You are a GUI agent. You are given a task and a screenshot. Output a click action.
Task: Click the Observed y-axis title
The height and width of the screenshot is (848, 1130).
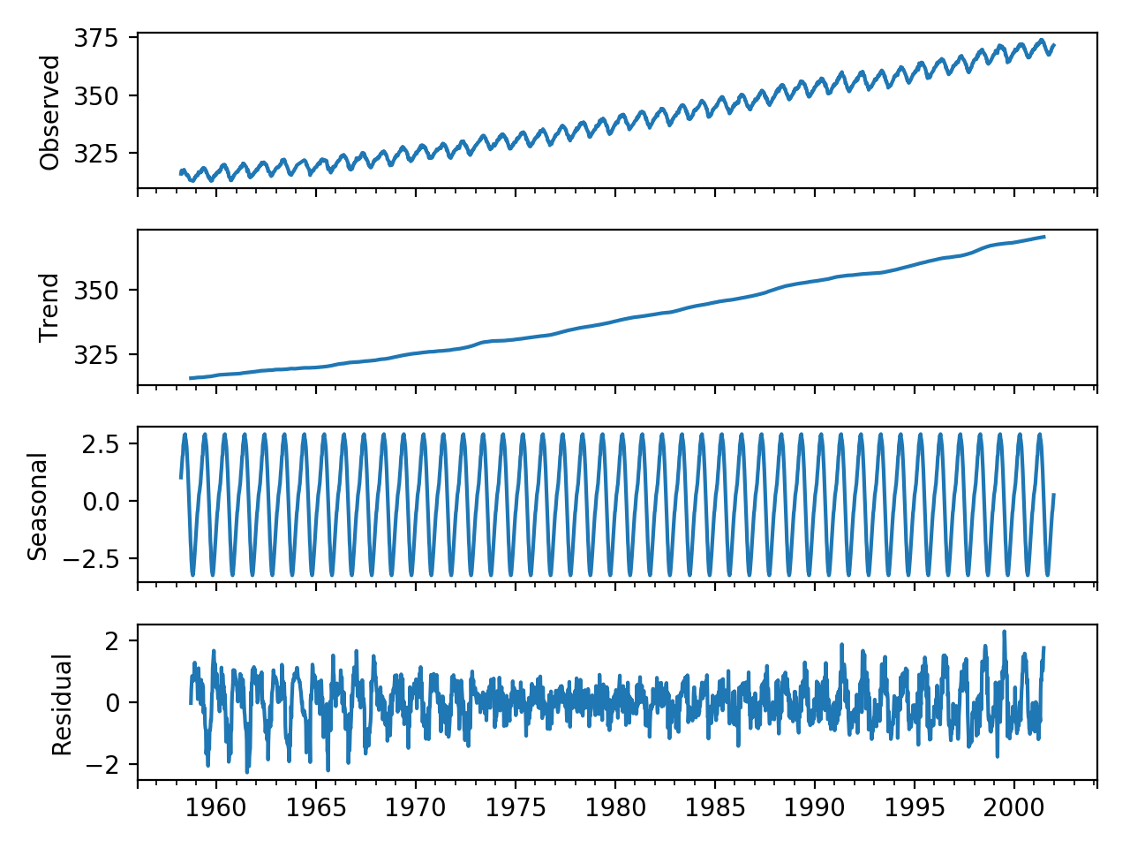[50, 112]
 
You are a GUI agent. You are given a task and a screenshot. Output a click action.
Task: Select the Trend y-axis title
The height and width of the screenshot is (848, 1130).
[50, 307]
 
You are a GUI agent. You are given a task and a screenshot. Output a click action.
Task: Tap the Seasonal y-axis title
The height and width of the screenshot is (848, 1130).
[38, 507]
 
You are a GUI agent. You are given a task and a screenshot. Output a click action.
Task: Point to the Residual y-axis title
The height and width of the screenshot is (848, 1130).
[61, 705]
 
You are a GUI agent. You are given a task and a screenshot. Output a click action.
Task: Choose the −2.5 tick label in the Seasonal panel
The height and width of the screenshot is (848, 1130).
[97, 558]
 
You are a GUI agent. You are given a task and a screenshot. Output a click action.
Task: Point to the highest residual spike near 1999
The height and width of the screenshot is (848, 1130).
[1004, 632]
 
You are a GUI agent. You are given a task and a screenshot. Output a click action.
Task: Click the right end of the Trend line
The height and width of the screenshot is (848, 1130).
[1045, 237]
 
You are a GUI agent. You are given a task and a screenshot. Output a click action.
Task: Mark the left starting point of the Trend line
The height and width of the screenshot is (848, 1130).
[190, 378]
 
